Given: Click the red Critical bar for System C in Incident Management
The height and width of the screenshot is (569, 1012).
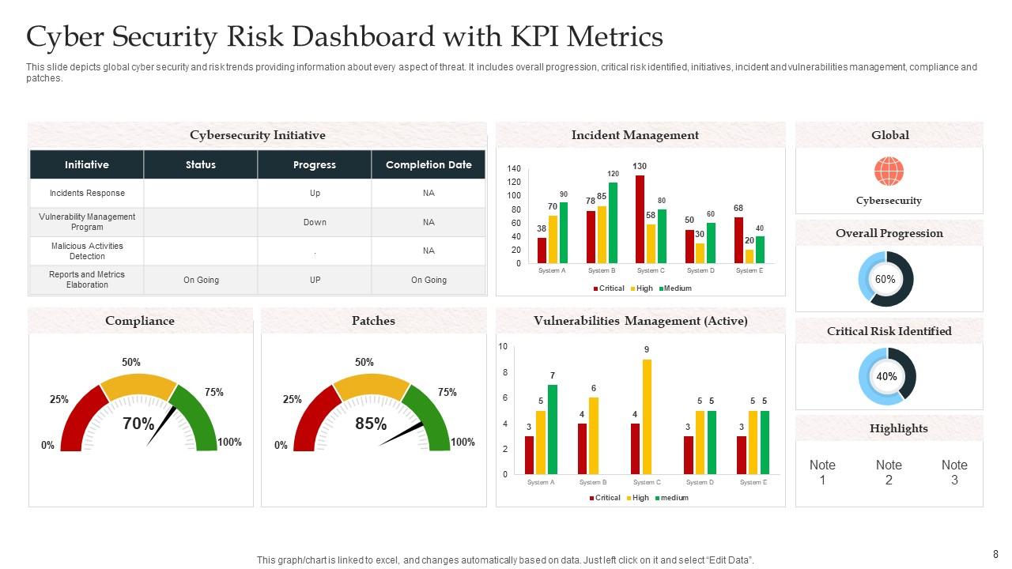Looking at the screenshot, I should coord(640,219).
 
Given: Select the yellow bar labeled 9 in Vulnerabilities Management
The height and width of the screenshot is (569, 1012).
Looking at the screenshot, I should coord(647,416).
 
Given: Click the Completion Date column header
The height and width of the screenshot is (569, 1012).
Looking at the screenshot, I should coord(429,165).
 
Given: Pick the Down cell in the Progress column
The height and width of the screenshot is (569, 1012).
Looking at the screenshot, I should coord(315,222).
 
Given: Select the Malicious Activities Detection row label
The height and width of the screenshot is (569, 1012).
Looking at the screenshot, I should coord(87,251).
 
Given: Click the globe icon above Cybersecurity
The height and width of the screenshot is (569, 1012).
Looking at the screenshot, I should coord(889,171).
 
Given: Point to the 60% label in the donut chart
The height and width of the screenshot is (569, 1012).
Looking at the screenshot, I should coord(885,280).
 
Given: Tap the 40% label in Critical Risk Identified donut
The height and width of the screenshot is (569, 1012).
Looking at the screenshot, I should coord(886,377).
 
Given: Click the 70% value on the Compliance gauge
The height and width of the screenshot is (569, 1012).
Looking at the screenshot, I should coord(138,424).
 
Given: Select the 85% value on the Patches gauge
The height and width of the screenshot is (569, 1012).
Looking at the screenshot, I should coord(370,424).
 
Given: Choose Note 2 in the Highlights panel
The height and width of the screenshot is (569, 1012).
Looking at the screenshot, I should coord(889,473).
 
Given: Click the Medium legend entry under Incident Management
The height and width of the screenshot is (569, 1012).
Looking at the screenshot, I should coord(677,288).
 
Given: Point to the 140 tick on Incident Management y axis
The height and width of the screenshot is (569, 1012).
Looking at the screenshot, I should coord(514,169).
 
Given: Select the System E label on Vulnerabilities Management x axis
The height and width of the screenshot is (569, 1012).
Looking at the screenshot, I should coord(753,482).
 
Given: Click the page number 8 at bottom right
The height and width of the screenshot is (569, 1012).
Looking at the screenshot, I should coord(995,554).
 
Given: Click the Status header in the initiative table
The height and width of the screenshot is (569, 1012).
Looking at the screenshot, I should coord(201,165).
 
